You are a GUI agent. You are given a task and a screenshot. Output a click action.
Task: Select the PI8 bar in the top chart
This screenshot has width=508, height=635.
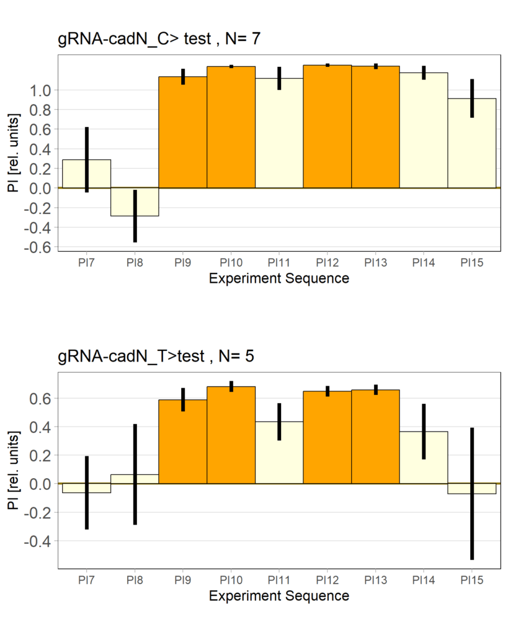135,202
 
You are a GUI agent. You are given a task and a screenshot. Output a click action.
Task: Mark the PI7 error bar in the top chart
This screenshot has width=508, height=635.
87,160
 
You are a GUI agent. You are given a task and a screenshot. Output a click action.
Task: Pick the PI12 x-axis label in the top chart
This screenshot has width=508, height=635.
327,263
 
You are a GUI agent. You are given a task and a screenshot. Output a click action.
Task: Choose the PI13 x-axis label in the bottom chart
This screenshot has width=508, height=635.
375,580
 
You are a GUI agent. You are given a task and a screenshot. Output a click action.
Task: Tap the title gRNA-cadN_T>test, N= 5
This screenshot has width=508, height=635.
156,357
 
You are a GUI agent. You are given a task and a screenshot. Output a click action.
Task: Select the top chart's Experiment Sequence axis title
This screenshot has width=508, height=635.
279,278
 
